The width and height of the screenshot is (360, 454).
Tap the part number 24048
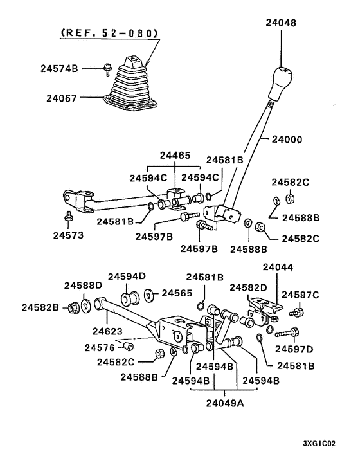281,23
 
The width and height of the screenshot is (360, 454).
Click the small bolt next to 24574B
107,69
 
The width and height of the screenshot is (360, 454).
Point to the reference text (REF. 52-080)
110,33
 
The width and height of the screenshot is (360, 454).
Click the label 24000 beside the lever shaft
287,140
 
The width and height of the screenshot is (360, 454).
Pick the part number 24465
175,156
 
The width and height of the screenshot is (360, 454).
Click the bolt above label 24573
69,215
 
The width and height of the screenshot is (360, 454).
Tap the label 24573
68,235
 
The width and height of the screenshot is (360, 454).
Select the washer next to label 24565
148,295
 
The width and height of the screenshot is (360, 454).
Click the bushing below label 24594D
130,299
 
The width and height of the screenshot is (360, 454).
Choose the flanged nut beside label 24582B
73,307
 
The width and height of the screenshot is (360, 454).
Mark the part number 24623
107,331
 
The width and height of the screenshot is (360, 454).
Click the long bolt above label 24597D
287,332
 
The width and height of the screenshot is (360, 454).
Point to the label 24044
278,267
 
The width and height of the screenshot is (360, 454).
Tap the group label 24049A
225,403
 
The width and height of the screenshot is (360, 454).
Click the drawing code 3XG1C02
319,443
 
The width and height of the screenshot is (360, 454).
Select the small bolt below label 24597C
296,313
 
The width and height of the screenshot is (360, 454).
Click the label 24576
100,347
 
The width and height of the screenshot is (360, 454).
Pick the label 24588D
84,286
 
